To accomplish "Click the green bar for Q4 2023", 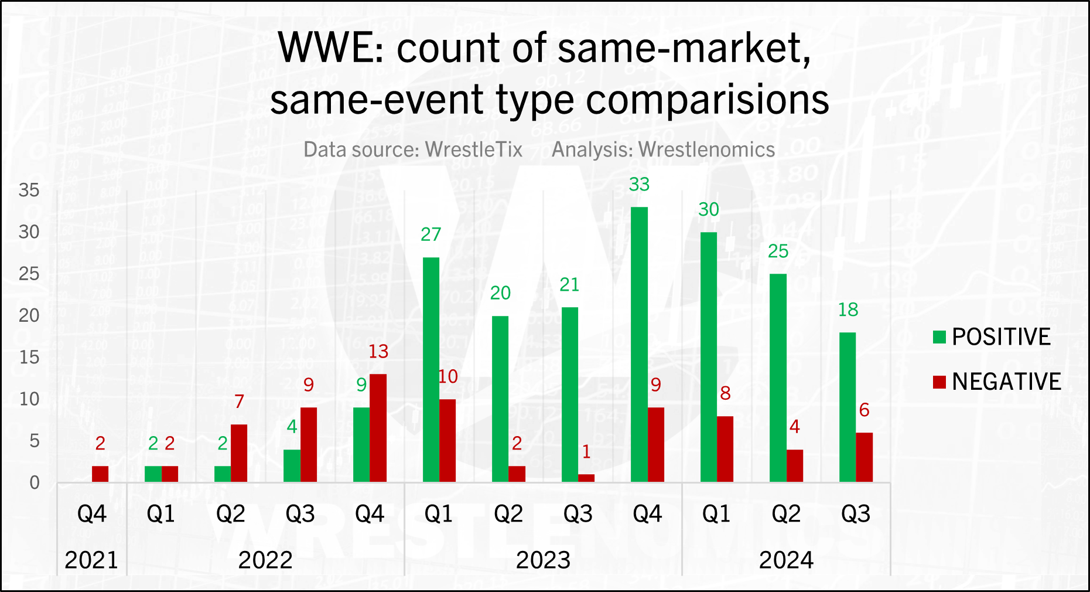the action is click(x=639, y=345).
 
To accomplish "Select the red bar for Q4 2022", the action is click(x=378, y=428).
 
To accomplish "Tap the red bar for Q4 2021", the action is click(x=100, y=474).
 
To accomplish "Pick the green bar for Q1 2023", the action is click(x=430, y=370).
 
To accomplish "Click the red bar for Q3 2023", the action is click(x=586, y=478).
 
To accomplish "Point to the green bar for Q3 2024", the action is click(x=848, y=407).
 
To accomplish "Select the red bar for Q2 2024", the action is click(x=795, y=466).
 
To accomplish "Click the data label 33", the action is click(x=639, y=184).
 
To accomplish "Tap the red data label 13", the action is click(x=378, y=351).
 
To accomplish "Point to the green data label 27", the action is click(x=430, y=234).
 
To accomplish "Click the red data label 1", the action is click(x=586, y=451).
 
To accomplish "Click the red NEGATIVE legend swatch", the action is click(x=939, y=382).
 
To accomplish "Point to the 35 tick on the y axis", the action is click(x=29, y=190).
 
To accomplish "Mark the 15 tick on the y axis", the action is click(x=29, y=357).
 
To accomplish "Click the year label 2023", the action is click(x=543, y=560).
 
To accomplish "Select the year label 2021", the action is click(x=91, y=560).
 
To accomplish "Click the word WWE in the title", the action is click(x=331, y=47).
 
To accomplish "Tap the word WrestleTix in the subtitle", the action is click(x=474, y=149).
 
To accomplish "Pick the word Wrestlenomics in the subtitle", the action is click(x=706, y=149).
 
